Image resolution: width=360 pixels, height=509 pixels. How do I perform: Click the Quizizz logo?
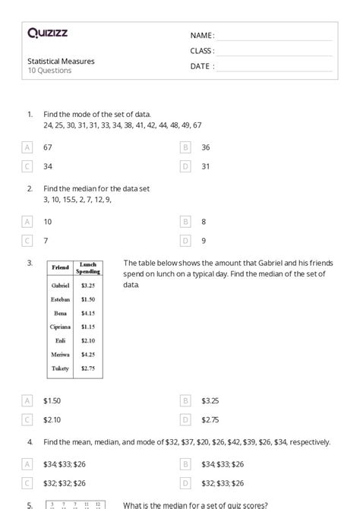pos(47,33)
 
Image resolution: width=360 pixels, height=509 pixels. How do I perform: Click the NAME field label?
pos(202,36)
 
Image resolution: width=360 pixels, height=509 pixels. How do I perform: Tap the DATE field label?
pos(202,66)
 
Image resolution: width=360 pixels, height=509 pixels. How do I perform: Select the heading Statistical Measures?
pos(62,61)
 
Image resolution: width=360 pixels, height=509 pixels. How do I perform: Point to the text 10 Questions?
pos(50,71)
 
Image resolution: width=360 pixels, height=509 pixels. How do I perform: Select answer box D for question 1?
pos(185,166)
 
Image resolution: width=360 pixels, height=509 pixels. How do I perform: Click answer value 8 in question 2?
pos(204,222)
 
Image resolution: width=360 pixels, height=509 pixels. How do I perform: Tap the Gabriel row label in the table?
pos(60,286)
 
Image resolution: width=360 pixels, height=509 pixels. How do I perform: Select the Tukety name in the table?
pos(60,368)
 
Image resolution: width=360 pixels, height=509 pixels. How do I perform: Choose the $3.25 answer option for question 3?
pos(210,400)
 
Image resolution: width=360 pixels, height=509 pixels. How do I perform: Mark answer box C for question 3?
pos(28,419)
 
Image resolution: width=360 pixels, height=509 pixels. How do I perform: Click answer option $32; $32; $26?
pos(65,482)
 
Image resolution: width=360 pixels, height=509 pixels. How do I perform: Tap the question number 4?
pos(30,441)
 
